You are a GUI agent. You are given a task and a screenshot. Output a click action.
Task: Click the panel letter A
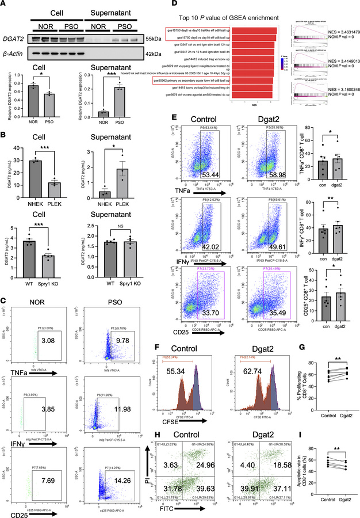tap(4, 5)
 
